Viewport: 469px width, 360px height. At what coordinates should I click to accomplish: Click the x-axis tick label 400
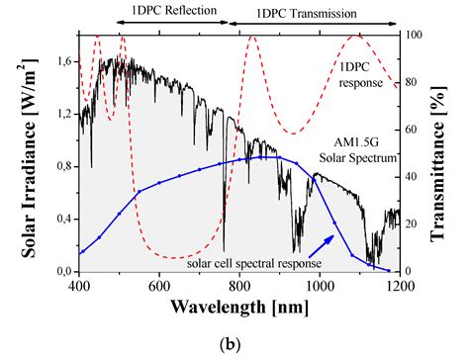click(x=80, y=287)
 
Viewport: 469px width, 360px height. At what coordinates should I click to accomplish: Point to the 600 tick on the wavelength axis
click(x=159, y=287)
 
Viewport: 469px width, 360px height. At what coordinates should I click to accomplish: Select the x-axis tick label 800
click(x=239, y=287)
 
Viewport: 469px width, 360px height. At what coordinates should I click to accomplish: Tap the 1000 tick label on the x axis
click(x=319, y=287)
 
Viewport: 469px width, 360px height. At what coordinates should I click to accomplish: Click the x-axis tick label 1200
click(x=398, y=287)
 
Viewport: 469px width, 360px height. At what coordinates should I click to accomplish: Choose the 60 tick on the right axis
click(x=413, y=130)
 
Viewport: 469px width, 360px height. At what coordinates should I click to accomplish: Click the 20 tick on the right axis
click(x=413, y=224)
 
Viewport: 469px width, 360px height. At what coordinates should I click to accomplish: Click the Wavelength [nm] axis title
click(x=238, y=307)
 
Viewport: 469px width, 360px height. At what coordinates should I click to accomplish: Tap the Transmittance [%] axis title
click(x=447, y=153)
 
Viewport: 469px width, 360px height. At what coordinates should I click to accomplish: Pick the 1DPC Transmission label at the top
click(x=309, y=14)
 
